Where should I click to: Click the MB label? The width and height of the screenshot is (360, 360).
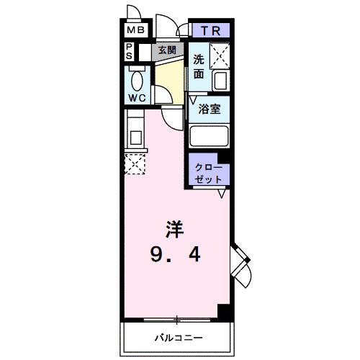click(x=135, y=31)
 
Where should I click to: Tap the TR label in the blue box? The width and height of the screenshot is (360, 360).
click(x=210, y=30)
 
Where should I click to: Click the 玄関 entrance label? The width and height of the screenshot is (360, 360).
click(x=168, y=50)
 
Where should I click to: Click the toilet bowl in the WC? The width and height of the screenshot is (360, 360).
click(x=137, y=78)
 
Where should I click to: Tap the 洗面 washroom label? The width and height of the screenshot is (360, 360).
click(x=199, y=66)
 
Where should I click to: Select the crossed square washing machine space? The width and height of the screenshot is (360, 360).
click(x=219, y=54)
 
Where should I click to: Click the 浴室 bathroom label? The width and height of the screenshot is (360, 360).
click(x=210, y=110)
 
